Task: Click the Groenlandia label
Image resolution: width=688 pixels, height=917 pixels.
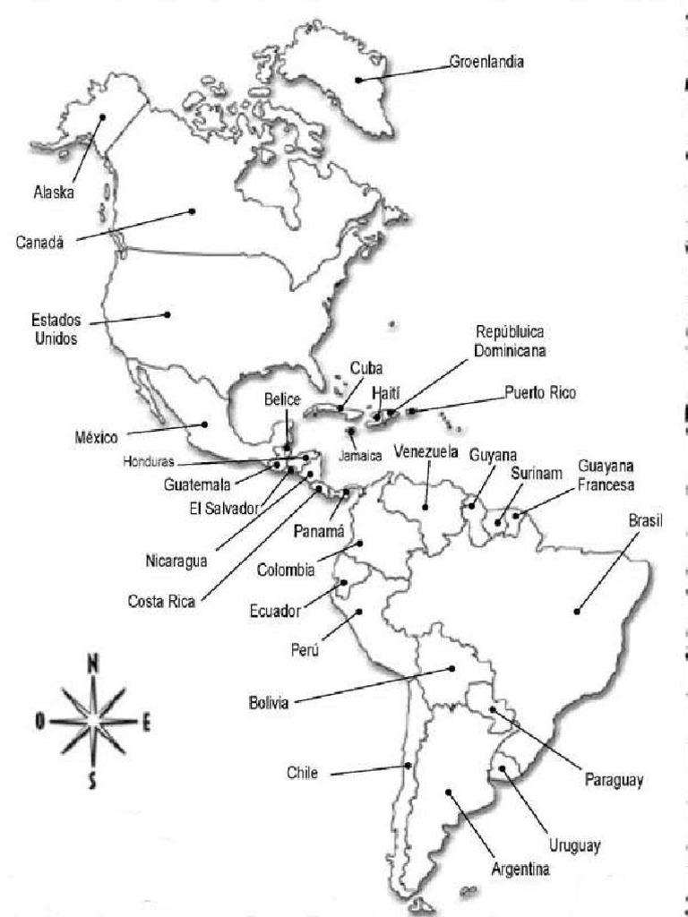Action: click(x=487, y=63)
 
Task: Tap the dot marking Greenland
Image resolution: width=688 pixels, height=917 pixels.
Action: click(x=357, y=80)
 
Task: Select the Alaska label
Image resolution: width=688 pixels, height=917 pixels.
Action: click(x=52, y=192)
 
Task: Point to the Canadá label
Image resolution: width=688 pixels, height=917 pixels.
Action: click(x=40, y=242)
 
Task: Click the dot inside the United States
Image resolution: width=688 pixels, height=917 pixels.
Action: click(x=167, y=314)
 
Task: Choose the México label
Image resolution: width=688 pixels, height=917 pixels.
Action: click(x=97, y=438)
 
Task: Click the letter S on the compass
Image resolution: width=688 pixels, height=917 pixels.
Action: click(x=91, y=782)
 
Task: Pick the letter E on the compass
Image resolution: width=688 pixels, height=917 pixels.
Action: click(x=146, y=722)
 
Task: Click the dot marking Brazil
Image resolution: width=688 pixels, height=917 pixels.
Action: click(x=578, y=611)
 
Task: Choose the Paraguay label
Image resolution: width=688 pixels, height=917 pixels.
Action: click(x=615, y=780)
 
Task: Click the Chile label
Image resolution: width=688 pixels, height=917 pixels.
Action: click(x=302, y=772)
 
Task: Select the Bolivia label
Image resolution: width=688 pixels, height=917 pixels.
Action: click(x=269, y=704)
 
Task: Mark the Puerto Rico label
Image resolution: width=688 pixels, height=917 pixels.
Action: click(x=540, y=392)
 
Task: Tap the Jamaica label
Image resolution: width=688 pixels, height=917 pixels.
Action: click(x=362, y=455)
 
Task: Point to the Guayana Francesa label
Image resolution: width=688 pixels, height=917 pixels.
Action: click(x=606, y=476)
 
